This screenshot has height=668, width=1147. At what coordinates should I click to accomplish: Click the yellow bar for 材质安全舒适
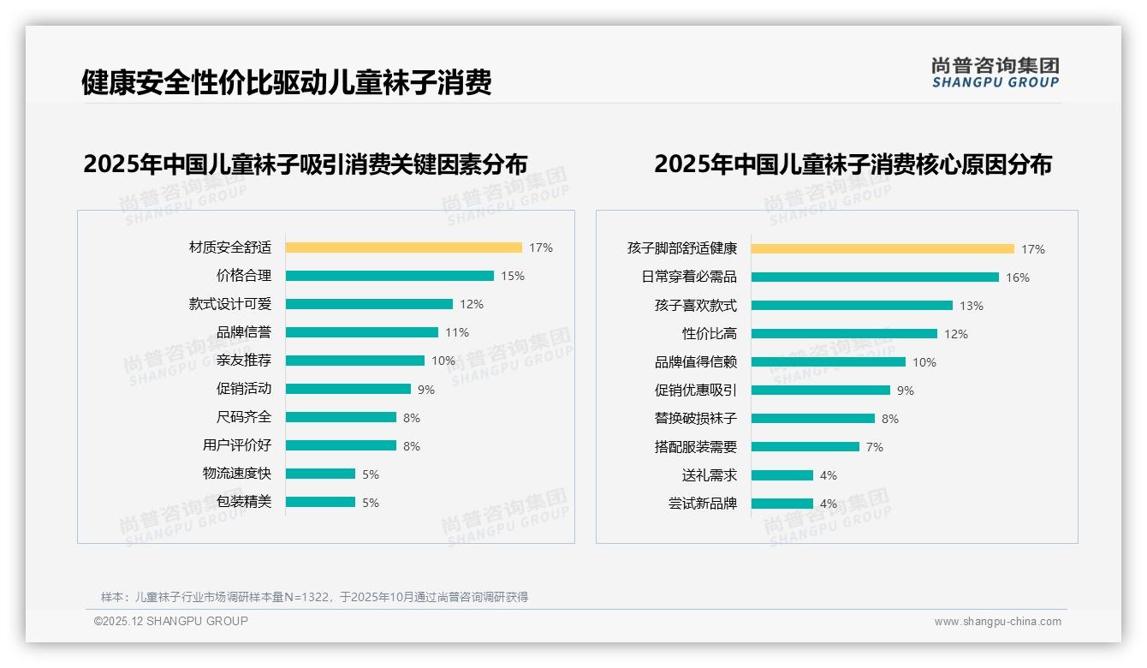coord(403,248)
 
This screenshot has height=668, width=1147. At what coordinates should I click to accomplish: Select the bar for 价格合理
coord(389,276)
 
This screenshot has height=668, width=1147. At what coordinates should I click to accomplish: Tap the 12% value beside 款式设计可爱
coord(472,304)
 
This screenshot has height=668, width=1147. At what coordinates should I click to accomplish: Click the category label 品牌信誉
coord(244,332)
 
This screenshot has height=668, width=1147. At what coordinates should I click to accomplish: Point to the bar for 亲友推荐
coord(355,361)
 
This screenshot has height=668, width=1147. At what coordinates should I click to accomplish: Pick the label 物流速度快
coord(237,474)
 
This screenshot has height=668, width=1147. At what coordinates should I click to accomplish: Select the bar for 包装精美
coord(320,502)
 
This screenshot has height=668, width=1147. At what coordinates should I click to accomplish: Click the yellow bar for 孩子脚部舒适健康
coord(883,249)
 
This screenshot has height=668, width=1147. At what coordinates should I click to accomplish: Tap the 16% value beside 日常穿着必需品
coord(1018,277)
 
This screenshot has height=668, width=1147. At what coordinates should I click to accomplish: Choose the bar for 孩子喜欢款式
coord(852,306)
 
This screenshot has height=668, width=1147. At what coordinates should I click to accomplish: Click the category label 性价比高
coord(710,334)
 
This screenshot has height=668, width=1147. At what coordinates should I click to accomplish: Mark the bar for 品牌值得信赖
coord(829,362)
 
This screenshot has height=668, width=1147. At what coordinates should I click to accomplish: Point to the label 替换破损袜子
coord(696,419)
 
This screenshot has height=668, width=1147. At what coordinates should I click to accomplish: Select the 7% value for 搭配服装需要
coord(874,447)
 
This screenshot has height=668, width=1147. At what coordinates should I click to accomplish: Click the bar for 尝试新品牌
coord(782,504)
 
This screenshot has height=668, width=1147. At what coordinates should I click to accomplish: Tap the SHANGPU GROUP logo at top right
coord(995,73)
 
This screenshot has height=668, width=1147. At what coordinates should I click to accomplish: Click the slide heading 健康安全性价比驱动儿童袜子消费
coord(286,82)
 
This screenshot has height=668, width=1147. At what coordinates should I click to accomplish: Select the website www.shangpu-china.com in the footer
coord(997,622)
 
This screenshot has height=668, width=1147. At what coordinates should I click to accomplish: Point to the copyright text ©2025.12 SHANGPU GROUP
coord(171,621)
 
